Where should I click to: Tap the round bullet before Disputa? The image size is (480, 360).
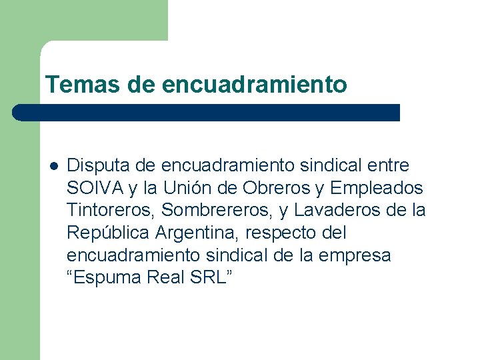click(53, 165)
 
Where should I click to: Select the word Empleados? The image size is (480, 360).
click(377, 188)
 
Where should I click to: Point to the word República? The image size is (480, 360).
click(108, 233)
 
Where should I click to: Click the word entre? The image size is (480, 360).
click(387, 165)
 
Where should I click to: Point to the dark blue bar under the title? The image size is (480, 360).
click(207, 112)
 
